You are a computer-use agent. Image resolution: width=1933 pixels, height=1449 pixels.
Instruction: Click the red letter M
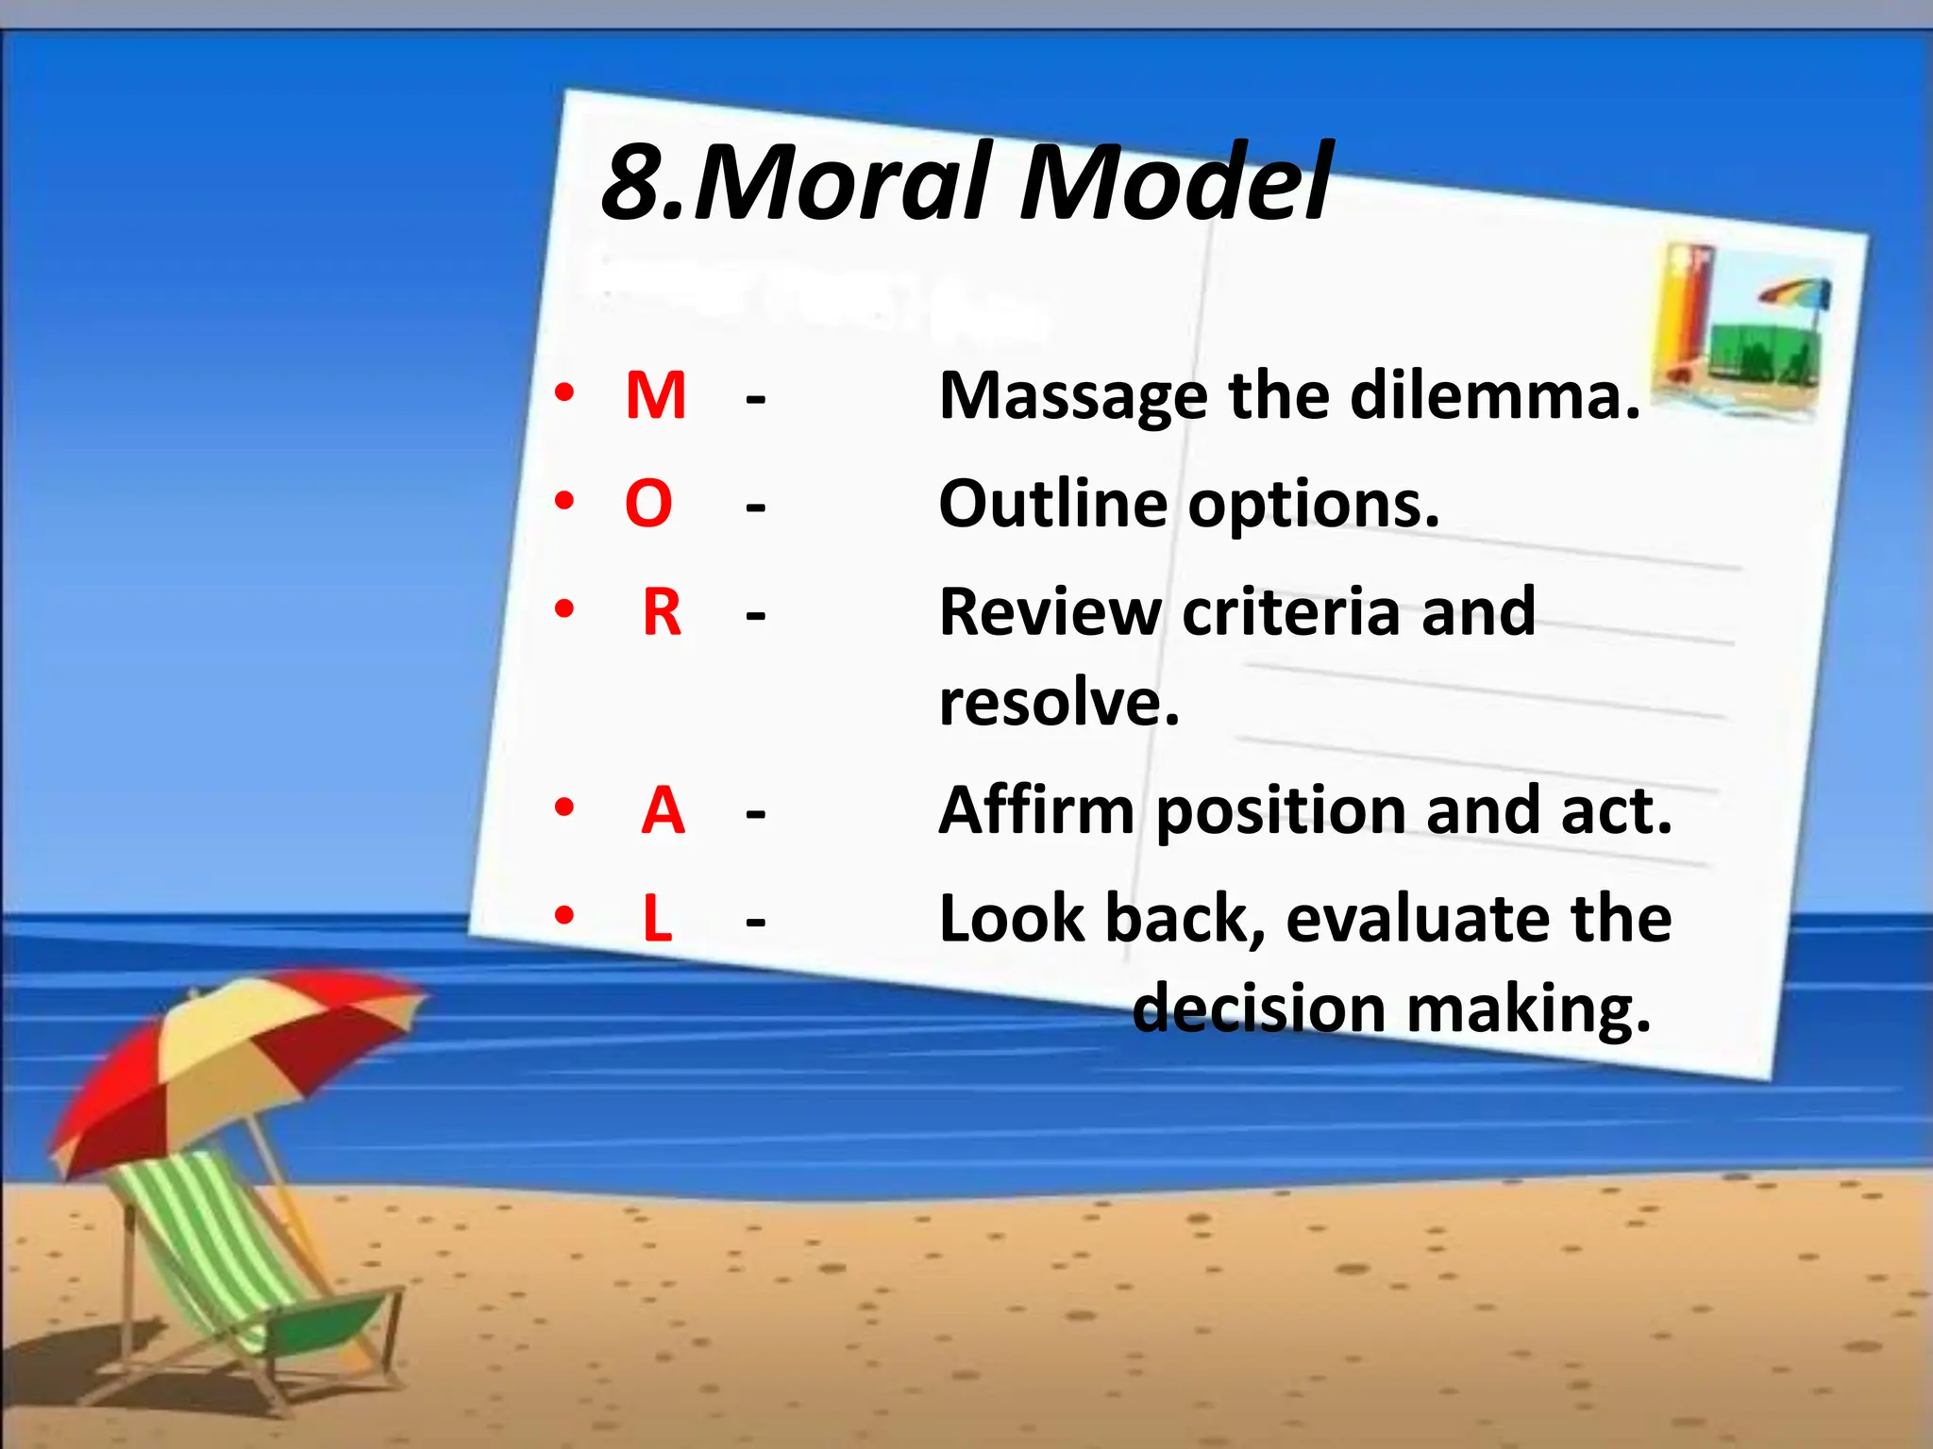[655, 395]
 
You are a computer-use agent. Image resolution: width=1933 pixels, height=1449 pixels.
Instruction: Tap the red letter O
[648, 504]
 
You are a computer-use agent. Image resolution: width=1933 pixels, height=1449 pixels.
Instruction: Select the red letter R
[662, 612]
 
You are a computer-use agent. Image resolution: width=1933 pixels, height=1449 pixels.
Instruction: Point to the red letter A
[663, 810]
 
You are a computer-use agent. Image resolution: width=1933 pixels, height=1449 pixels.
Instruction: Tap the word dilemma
[1495, 395]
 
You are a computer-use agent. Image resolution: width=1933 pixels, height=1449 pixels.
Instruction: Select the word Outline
[1052, 504]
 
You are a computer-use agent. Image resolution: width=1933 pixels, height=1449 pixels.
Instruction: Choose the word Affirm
[1036, 810]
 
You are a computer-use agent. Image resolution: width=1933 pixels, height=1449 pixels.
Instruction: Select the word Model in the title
[1176, 181]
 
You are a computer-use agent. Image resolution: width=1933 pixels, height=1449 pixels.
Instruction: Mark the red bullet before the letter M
[564, 393]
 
